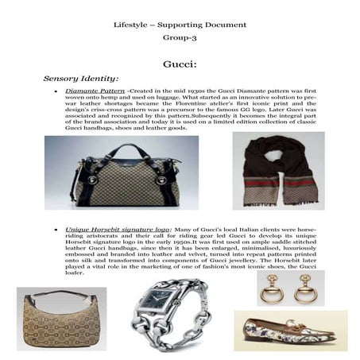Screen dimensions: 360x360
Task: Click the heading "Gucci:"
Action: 180,63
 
